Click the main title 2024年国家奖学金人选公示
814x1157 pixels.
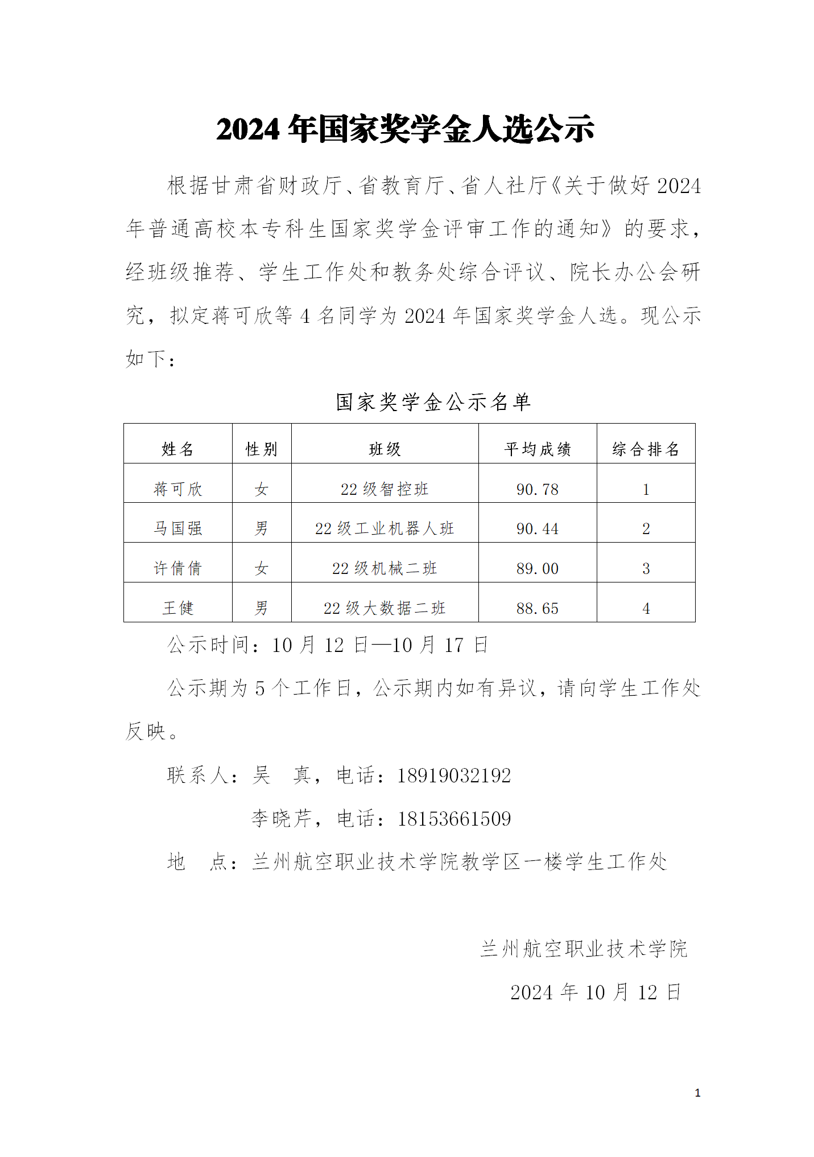pos(405,129)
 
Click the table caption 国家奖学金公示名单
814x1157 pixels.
pos(433,402)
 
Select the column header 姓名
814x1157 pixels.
pos(177,449)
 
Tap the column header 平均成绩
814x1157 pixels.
pos(537,449)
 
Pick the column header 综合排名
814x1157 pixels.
pos(646,449)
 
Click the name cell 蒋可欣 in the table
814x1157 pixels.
pos(177,489)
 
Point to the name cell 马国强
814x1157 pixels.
pos(177,528)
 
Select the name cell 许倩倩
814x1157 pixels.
pos(177,568)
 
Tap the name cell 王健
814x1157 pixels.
pos(177,608)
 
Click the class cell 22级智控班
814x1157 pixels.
pos(385,489)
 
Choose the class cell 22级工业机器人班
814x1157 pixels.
pos(385,528)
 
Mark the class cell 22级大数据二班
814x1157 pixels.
pos(385,608)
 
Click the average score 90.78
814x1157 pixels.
pos(537,489)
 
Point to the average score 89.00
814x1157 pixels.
pos(537,568)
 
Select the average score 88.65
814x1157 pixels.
pos(537,608)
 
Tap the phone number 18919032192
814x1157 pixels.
pos(454,776)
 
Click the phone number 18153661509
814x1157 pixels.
pos(454,819)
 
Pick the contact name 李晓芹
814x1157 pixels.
pos(282,819)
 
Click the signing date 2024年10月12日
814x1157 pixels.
pos(595,992)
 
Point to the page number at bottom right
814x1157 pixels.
pos(697,1093)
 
